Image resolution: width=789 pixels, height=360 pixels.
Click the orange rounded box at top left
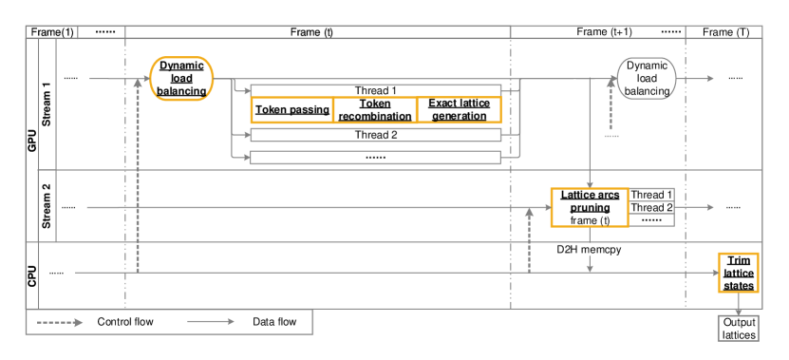click(x=181, y=78)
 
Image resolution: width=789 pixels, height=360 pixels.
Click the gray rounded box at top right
click(x=647, y=78)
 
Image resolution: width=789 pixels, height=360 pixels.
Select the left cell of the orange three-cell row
click(x=291, y=110)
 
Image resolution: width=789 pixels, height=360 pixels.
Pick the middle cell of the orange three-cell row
click(x=375, y=110)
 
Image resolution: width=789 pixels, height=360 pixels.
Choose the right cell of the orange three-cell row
click(x=459, y=110)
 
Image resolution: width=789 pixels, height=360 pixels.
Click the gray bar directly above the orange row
click(x=375, y=90)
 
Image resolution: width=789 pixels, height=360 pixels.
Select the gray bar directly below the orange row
click(x=375, y=135)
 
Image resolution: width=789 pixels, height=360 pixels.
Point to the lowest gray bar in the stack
click(x=375, y=158)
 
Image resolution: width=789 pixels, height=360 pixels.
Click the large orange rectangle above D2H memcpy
click(x=589, y=207)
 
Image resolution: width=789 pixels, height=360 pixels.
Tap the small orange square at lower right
click(x=738, y=273)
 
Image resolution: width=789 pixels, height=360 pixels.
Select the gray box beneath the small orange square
click(x=738, y=328)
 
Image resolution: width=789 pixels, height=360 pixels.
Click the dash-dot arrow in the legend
click(x=60, y=322)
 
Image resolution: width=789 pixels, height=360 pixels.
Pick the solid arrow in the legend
click(x=210, y=322)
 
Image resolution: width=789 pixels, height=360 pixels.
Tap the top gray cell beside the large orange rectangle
click(x=651, y=194)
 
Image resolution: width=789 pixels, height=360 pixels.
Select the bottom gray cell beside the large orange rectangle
click(x=651, y=220)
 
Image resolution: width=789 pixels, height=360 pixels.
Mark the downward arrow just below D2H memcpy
click(x=590, y=265)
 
